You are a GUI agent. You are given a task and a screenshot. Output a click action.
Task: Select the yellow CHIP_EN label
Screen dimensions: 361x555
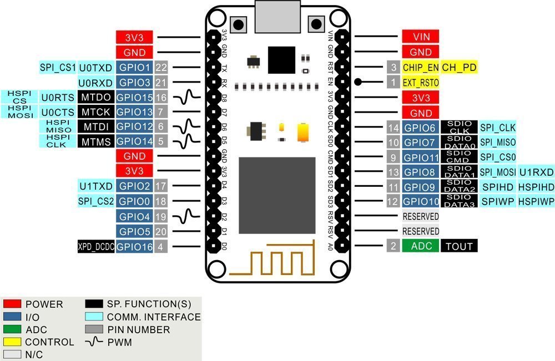tap(421, 68)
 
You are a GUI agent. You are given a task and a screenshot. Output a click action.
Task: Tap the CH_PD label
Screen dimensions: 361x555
tap(459, 68)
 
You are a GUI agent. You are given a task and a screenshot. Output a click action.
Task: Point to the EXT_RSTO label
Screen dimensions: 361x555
tap(421, 83)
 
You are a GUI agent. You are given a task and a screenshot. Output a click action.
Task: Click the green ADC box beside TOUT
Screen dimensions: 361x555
tap(421, 246)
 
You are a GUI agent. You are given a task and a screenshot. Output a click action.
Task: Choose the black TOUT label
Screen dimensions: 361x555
tap(459, 246)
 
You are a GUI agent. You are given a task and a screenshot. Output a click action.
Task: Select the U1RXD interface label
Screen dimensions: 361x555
tap(536, 172)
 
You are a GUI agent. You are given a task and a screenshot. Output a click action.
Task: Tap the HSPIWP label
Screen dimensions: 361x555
tap(536, 201)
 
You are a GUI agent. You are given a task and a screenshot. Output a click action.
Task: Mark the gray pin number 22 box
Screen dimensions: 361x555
tap(162, 68)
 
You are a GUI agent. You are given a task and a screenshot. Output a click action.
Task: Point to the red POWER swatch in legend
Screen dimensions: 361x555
tap(12, 304)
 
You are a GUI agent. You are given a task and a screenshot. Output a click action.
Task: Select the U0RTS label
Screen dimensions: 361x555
tap(57, 98)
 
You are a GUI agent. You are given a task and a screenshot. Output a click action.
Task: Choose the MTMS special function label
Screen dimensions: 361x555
tap(96, 141)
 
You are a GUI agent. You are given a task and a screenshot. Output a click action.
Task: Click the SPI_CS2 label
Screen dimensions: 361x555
tap(96, 200)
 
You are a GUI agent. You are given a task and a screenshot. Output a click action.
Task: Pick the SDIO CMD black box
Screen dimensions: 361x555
tap(459, 157)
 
